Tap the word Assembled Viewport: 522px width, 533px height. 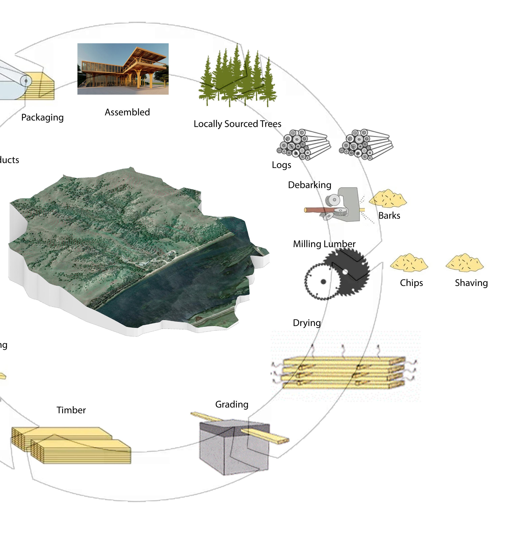127,112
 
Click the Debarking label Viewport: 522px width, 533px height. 310,185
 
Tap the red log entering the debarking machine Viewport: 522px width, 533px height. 315,210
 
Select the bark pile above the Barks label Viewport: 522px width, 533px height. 388,198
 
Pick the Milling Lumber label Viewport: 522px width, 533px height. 324,244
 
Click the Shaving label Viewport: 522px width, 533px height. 471,283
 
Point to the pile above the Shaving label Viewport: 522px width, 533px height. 465,263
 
